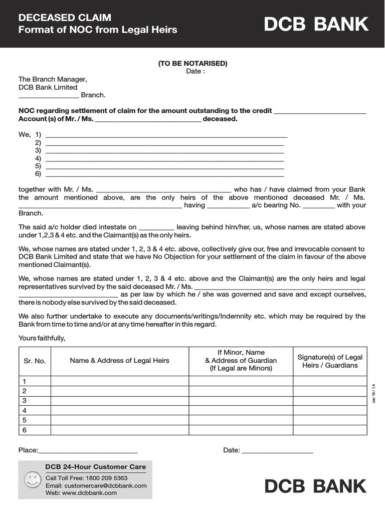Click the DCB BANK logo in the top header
click(316, 24)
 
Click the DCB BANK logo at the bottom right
click(316, 486)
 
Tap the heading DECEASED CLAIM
click(65, 18)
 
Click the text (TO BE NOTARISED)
click(192, 63)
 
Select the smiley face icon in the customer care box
click(32, 480)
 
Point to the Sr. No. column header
click(35, 361)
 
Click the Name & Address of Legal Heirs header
click(119, 361)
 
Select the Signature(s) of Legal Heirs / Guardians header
click(330, 361)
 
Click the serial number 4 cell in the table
click(25, 410)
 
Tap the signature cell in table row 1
click(330, 381)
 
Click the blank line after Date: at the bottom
click(277, 452)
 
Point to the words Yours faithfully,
click(42, 338)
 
